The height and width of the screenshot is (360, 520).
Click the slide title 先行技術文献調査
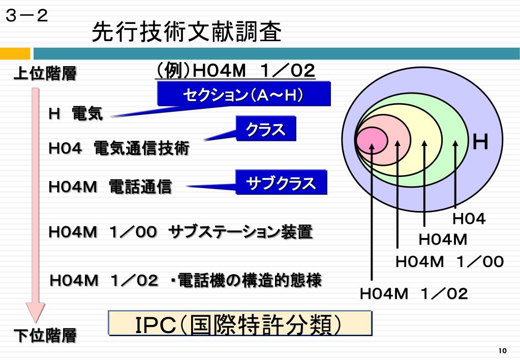point(187,33)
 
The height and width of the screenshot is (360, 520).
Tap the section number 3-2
point(27,16)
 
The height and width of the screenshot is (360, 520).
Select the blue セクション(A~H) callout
point(244,95)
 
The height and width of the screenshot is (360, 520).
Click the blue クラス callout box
point(265,130)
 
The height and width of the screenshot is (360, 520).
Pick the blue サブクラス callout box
point(281,183)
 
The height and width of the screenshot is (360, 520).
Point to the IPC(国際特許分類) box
point(240,324)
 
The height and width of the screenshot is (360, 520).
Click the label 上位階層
point(45,74)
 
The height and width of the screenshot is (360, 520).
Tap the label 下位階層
point(45,336)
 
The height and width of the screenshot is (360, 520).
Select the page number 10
point(503,351)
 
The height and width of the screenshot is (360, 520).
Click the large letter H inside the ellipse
point(480,143)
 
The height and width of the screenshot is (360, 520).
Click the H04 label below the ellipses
point(469,219)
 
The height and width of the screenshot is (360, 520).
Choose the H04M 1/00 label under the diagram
point(449,262)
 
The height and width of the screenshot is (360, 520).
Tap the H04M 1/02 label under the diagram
point(414,293)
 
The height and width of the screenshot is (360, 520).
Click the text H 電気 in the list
point(76,113)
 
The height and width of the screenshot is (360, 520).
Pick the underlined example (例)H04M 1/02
point(236,71)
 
